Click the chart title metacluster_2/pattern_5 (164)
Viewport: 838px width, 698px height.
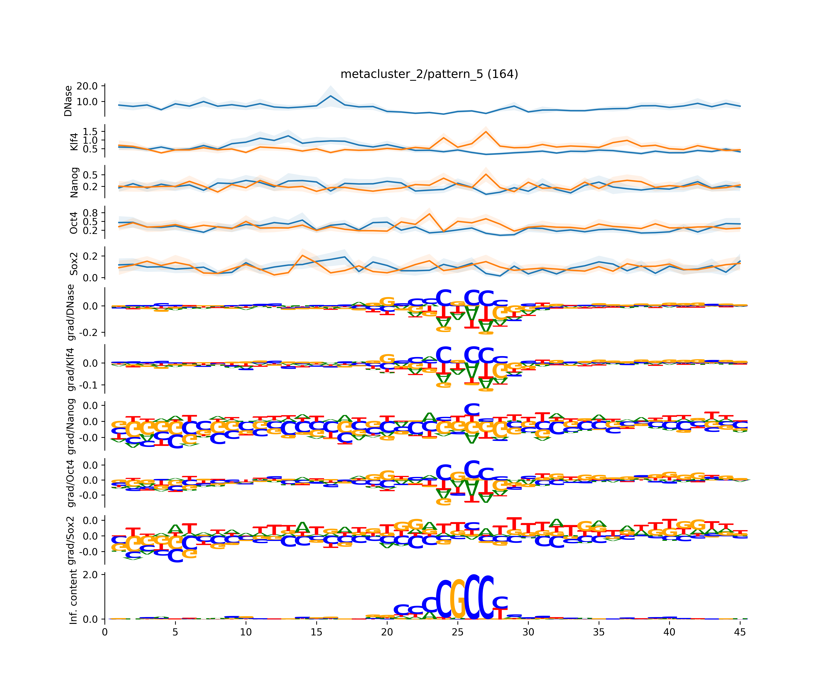tap(429, 74)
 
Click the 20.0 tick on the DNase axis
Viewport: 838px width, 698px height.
tap(87, 86)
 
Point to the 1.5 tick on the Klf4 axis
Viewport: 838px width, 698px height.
tap(90, 131)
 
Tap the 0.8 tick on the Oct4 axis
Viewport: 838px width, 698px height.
tap(90, 213)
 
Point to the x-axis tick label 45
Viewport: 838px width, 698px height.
tap(740, 632)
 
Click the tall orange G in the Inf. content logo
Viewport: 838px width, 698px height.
tap(458, 598)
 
